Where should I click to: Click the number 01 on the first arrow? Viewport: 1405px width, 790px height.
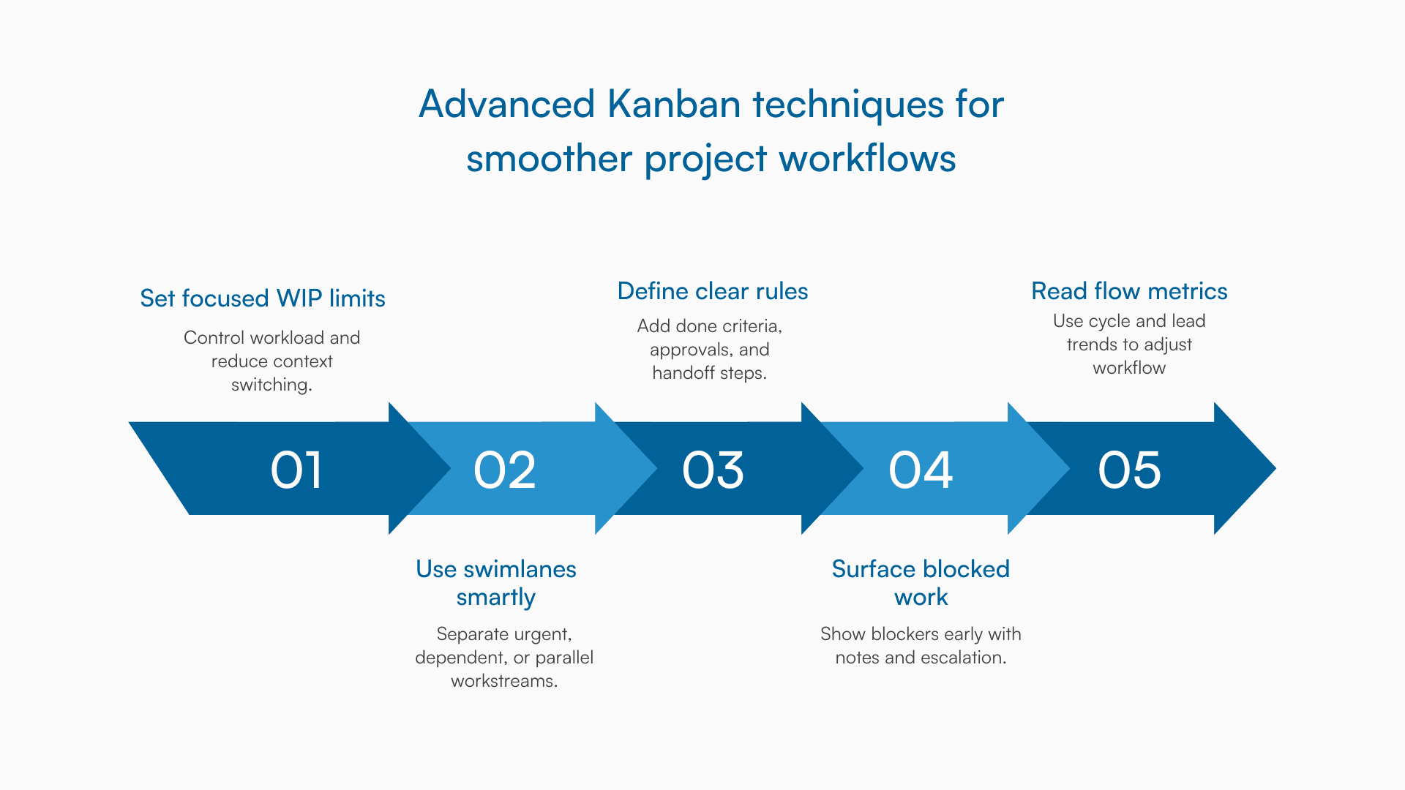click(296, 470)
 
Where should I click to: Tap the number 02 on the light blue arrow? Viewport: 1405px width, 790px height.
click(505, 470)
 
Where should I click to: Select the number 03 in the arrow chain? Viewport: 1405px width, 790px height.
click(713, 470)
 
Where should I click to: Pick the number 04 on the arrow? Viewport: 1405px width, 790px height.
click(921, 470)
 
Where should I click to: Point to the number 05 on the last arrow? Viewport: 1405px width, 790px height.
click(1129, 470)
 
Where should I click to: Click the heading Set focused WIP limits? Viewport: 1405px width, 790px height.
click(263, 298)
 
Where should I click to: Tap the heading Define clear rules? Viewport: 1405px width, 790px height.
click(713, 291)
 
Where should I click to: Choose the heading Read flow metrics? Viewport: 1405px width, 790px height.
click(1129, 291)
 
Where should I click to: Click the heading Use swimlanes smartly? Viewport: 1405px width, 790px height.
click(496, 583)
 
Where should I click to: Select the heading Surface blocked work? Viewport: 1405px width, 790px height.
click(921, 583)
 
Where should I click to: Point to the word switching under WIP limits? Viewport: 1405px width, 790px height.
click(271, 385)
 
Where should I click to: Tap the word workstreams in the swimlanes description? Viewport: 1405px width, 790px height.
click(503, 681)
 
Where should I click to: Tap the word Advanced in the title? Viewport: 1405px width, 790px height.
click(506, 104)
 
